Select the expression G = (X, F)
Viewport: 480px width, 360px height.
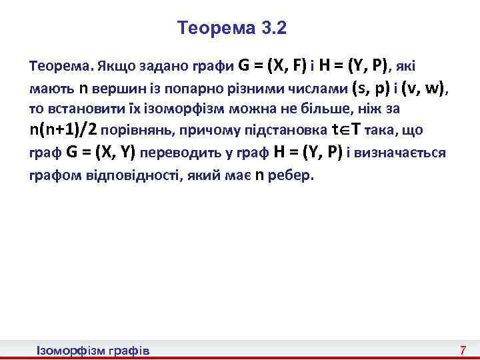[273, 66]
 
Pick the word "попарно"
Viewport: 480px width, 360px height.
[182, 88]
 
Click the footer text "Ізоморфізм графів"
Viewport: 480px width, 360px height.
[93, 350]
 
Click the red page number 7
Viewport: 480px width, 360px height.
[462, 350]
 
